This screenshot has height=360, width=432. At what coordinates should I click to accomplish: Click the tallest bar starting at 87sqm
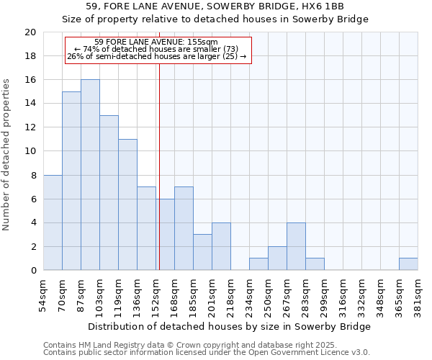90,175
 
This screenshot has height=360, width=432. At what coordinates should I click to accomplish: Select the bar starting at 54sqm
53,222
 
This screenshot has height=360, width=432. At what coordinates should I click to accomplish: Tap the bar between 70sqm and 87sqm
71,181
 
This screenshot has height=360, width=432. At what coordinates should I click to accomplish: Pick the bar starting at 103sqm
109,193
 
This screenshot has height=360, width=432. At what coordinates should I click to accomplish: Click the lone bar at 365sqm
408,264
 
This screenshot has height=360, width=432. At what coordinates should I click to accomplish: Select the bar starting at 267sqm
296,246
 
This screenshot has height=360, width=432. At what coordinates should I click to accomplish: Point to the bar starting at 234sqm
258,264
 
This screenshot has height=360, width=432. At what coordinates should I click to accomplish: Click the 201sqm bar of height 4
221,246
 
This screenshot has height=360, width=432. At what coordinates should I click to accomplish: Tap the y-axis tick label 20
30,32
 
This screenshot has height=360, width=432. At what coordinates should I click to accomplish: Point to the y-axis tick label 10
30,151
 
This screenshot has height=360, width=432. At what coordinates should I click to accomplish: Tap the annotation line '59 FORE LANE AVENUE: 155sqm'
156,42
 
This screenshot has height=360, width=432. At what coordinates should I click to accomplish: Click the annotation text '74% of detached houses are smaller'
156,49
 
